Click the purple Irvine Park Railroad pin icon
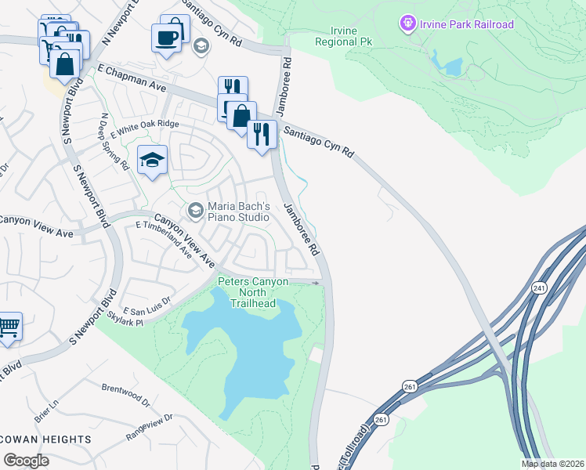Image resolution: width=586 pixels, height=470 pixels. [407, 24]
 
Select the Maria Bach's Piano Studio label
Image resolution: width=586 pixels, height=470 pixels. [238, 211]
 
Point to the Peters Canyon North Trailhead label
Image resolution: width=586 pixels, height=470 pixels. [253, 292]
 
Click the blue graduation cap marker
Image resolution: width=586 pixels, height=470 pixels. [152, 161]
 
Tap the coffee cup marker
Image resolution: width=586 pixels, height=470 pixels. [166, 38]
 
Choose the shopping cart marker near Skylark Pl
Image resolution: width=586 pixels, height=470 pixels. [8, 327]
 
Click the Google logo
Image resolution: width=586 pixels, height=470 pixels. [26, 460]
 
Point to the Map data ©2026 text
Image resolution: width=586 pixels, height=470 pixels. [553, 464]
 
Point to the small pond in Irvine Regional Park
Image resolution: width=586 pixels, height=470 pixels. [450, 66]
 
